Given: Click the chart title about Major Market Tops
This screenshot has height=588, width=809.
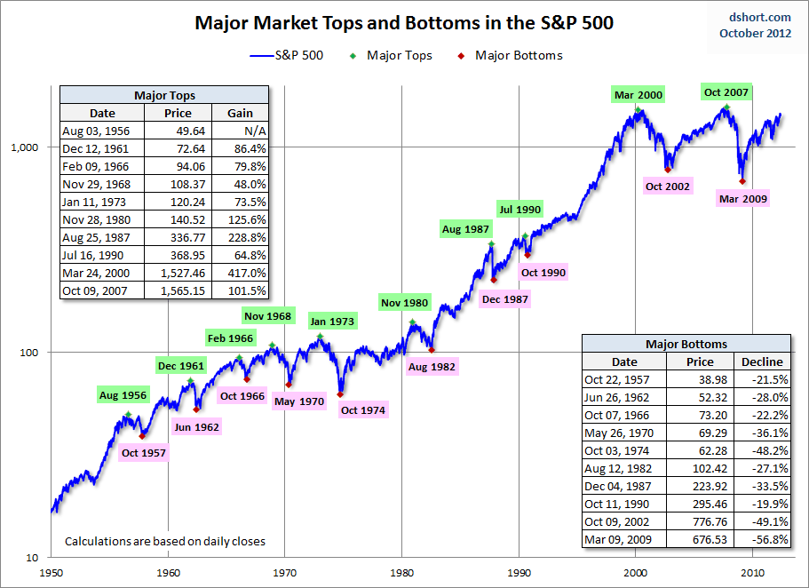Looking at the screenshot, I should point(404,22).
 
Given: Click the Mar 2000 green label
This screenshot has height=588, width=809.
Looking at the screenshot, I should point(638,95).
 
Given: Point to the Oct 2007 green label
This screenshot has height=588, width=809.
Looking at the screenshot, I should point(726,92).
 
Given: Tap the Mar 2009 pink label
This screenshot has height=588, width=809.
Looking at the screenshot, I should point(743,199).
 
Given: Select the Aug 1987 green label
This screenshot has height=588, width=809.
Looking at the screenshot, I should point(465,230).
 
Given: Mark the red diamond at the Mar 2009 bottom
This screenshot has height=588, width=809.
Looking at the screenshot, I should point(742,181).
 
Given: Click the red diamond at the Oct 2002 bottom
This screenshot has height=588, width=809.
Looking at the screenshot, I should point(668,169).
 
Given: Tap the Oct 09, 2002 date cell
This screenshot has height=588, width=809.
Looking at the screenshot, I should point(623,521).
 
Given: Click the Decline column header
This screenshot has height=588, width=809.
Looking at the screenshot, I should point(762,362).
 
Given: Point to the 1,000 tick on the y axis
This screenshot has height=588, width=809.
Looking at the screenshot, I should point(31,147).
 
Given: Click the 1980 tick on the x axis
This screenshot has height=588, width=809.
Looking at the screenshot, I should point(401,573).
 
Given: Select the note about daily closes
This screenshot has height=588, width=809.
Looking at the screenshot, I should point(165,541).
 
